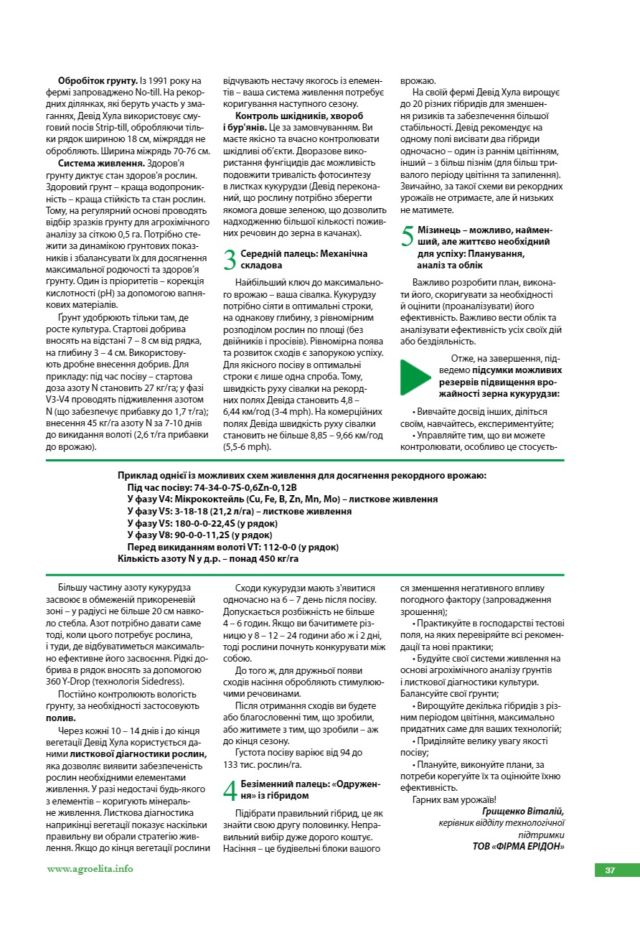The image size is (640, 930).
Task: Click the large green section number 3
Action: tap(230, 260)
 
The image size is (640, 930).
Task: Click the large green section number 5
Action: tap(407, 237)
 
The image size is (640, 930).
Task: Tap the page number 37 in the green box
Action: tap(609, 870)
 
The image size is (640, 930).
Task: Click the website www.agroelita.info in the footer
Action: tap(90, 869)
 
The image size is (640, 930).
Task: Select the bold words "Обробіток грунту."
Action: tap(98, 81)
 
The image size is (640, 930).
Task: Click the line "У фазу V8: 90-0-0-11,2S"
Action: tap(199, 535)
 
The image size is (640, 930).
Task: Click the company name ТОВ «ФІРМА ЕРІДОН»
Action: tap(519, 846)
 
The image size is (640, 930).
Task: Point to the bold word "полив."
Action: tap(61, 718)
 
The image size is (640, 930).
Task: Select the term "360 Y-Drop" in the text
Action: tap(70, 682)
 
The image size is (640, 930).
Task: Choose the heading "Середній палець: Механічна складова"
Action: tap(303, 260)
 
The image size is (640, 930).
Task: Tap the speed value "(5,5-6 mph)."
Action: tap(248, 446)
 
